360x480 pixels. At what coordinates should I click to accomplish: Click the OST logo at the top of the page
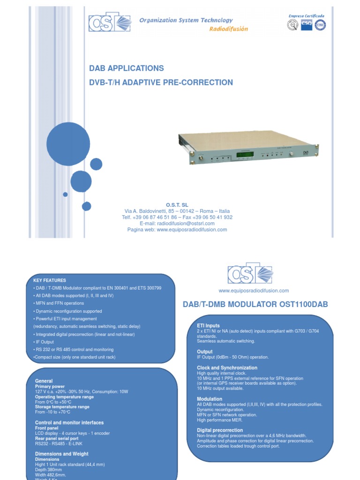(110, 22)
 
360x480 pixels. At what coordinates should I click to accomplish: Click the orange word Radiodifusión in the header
(228, 29)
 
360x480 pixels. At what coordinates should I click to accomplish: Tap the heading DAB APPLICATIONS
(127, 68)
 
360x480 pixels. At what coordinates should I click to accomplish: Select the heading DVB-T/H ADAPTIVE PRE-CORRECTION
(161, 82)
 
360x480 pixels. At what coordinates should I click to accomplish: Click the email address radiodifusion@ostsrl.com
(177, 224)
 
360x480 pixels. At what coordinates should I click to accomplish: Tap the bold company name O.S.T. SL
(177, 205)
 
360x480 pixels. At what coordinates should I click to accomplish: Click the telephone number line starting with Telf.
(177, 217)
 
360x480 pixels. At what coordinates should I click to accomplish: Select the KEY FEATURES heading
(50, 280)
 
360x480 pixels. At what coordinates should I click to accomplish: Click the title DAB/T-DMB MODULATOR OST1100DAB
(255, 305)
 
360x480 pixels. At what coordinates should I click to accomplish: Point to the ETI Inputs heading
(208, 326)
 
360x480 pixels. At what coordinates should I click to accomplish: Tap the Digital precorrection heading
(220, 430)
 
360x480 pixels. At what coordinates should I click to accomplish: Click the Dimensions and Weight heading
(61, 454)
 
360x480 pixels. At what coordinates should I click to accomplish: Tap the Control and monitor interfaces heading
(69, 423)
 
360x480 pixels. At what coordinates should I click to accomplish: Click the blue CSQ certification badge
(307, 24)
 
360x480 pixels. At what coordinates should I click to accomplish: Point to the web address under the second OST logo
(254, 291)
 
